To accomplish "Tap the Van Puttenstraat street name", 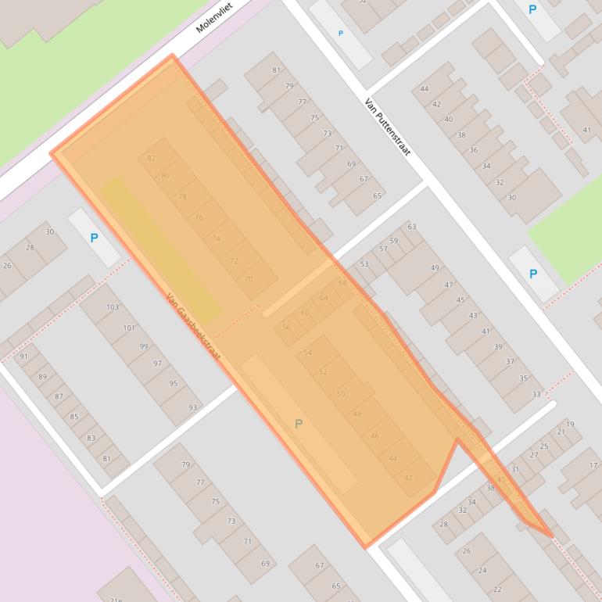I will pos(388,126).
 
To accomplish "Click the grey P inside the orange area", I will pos(298,424).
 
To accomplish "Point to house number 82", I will pos(152,159).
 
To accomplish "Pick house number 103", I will pos(113,307).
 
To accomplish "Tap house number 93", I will pos(193,407).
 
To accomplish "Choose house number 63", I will pos(411,228).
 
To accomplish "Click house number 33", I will pos(536,394).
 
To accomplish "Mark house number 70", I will pos(249,279).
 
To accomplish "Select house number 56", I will pos(286,328).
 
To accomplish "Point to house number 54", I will pos(307,353).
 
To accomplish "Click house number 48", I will pos(357,414).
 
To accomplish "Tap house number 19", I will pos(570,425).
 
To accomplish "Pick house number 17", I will pos(595,465).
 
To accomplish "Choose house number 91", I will pos(23,357).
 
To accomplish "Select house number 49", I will pos(435,268).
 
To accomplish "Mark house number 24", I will pos(482,570).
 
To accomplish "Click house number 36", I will pos(473,150).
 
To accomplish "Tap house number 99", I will pos(143,346).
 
